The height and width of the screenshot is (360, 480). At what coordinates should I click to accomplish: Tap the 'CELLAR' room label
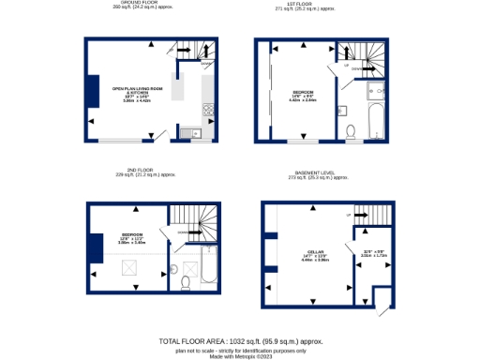coord(314,252)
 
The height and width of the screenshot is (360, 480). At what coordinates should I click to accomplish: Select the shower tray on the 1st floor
coord(375,89)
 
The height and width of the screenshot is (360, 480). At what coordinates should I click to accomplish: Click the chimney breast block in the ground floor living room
coord(93,92)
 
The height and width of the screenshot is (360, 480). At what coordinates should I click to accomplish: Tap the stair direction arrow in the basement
coord(361,215)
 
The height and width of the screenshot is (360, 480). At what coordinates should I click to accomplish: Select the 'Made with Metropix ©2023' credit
coord(240,355)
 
